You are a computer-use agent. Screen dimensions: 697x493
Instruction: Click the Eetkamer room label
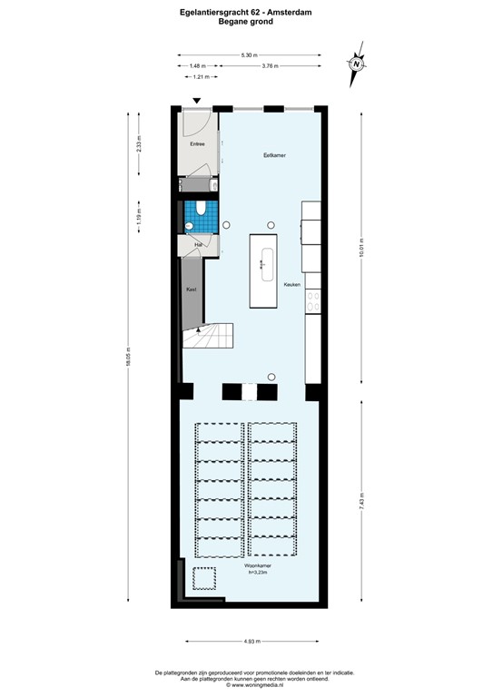[x=274, y=156]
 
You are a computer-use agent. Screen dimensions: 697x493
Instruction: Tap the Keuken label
[x=291, y=284]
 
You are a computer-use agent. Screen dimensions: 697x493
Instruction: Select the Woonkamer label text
[x=246, y=565]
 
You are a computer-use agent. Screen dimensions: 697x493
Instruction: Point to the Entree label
[x=197, y=144]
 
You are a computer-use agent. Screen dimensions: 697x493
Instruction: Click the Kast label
[x=191, y=289]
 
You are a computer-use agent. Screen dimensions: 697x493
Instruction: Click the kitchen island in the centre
[x=264, y=270]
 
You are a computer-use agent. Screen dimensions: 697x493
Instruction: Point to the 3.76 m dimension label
[x=270, y=66]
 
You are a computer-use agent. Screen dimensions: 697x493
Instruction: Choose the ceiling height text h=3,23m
[x=246, y=573]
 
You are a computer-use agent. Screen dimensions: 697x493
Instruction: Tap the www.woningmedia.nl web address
[x=248, y=685]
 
